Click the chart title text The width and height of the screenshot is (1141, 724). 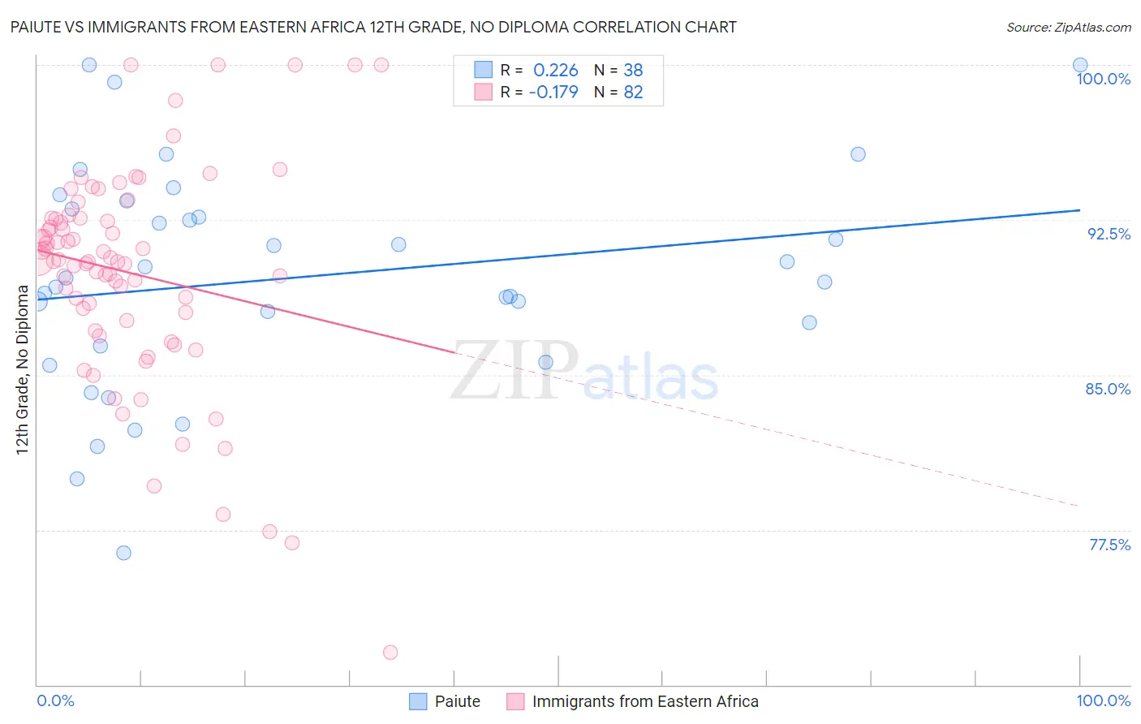[373, 27]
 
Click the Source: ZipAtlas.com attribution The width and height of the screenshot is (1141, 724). [1068, 27]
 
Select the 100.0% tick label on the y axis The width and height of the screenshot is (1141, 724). [1103, 79]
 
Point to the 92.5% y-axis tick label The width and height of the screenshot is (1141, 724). [1109, 234]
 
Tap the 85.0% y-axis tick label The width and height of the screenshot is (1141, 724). [1108, 389]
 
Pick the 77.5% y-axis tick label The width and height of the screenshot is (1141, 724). [1109, 545]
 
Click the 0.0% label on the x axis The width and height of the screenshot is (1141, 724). [55, 700]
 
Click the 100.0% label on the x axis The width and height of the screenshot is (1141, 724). [1103, 700]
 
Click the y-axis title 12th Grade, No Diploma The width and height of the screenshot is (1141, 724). [23, 369]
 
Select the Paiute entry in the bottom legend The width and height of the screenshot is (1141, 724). [458, 701]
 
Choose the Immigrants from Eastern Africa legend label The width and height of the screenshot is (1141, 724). [645, 701]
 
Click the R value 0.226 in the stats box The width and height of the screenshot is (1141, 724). [555, 70]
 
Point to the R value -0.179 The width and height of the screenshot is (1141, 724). [553, 92]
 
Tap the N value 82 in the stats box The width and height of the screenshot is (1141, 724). [633, 92]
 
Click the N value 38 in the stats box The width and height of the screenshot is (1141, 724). [633, 70]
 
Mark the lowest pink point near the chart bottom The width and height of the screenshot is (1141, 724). [390, 652]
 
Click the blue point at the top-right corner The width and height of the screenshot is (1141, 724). [1080, 65]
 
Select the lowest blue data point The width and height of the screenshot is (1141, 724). [123, 553]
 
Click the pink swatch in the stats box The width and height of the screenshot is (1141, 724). [484, 92]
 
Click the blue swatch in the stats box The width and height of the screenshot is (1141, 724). [484, 70]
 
